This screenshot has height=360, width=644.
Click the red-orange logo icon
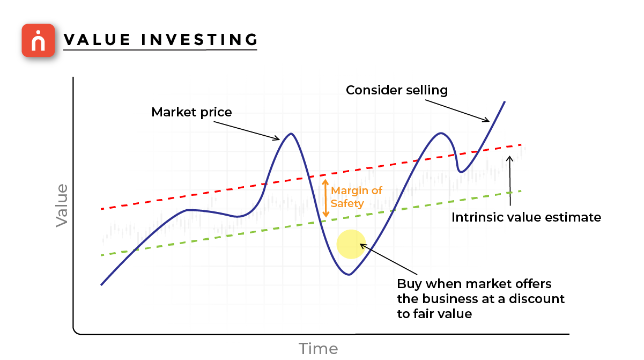coord(38,40)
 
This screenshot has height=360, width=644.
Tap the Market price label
coord(191,112)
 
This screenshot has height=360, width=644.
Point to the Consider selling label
coord(396,90)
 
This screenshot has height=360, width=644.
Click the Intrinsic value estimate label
coord(525,217)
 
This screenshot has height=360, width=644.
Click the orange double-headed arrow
coord(324,199)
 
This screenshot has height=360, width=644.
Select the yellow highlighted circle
coord(351,244)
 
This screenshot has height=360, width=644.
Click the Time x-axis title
coord(319,349)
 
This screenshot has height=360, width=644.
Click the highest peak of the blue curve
coord(504,101)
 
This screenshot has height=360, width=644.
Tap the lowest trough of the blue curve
coord(349,274)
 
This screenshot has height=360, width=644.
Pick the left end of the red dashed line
coord(101,209)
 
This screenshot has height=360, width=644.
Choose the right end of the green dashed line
coord(520,190)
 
